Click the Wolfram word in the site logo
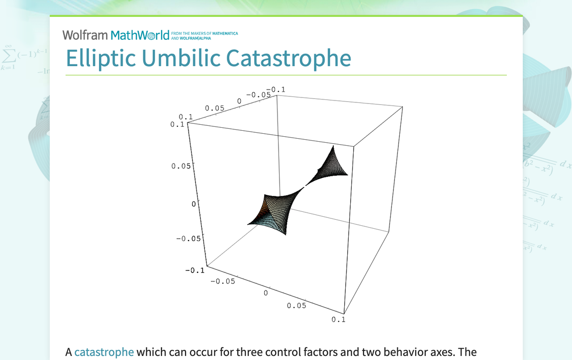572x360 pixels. pyautogui.click(x=85, y=35)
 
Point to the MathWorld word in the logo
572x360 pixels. pyautogui.click(x=140, y=35)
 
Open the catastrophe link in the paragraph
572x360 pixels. pyautogui.click(x=104, y=352)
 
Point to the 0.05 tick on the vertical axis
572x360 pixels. pyautogui.click(x=181, y=166)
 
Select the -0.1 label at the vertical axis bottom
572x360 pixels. pyautogui.click(x=194, y=270)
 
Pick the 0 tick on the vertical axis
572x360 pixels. pyautogui.click(x=194, y=203)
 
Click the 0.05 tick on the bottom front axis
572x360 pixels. pyautogui.click(x=296, y=305)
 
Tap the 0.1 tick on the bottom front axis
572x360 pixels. pyautogui.click(x=338, y=319)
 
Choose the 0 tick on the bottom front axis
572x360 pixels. pyautogui.click(x=266, y=293)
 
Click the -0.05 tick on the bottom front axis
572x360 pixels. pyautogui.click(x=222, y=281)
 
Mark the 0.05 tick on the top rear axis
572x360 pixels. pyautogui.click(x=215, y=108)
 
